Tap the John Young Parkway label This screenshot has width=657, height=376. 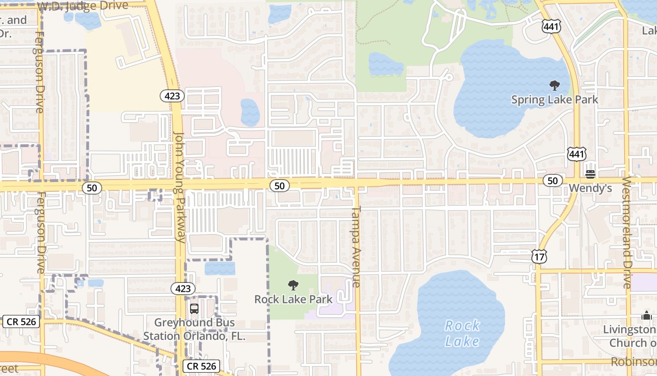[x=180, y=187]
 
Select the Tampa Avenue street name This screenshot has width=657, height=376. [x=356, y=246]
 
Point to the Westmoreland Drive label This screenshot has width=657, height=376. [x=626, y=232]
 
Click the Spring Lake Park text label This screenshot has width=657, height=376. [x=555, y=100]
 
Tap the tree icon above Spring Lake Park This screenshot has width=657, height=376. [x=555, y=86]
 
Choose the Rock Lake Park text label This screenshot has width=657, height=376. [x=293, y=299]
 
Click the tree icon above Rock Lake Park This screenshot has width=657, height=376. [x=293, y=285]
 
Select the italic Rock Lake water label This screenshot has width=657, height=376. [x=462, y=333]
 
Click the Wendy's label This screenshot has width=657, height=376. [x=590, y=188]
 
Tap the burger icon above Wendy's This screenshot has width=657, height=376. [x=590, y=174]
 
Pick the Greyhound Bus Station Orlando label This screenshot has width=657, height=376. [x=194, y=329]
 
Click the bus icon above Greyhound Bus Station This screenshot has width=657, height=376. [x=194, y=309]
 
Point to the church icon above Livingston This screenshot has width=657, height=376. [x=647, y=316]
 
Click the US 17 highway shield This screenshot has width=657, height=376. [x=539, y=256]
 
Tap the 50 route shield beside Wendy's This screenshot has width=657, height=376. [x=553, y=180]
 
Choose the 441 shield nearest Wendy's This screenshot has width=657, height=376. [x=576, y=154]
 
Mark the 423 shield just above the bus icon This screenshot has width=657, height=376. [x=183, y=288]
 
